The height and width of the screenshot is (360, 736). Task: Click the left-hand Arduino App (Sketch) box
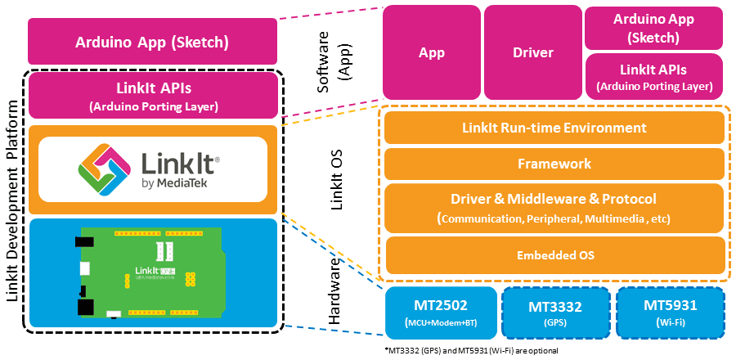click(x=151, y=42)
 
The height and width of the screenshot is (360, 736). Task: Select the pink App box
click(x=431, y=52)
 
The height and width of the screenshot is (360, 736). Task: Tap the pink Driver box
click(x=532, y=52)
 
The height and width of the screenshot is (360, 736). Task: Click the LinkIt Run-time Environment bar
click(x=554, y=128)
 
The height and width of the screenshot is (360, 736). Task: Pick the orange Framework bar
click(x=554, y=164)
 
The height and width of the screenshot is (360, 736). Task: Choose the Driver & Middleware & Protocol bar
click(x=554, y=207)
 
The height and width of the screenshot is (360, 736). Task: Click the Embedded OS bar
click(x=554, y=255)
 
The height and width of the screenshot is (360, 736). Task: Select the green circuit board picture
click(x=147, y=270)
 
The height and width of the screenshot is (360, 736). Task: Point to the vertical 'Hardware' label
click(x=336, y=292)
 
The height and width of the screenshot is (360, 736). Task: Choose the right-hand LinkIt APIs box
click(x=654, y=77)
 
